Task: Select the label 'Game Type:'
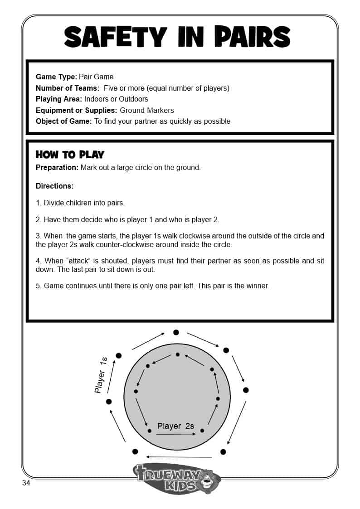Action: [56, 77]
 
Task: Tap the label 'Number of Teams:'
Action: [67, 88]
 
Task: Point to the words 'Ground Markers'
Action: [146, 110]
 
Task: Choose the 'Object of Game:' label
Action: [64, 121]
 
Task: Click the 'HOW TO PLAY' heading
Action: [70, 155]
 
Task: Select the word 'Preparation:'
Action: [57, 167]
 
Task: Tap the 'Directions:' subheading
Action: [54, 186]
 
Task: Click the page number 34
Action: [26, 483]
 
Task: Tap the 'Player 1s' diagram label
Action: [101, 375]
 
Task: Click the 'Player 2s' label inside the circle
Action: [175, 426]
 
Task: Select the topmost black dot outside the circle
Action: [176, 332]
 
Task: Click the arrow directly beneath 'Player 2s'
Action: [176, 434]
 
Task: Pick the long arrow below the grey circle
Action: [179, 456]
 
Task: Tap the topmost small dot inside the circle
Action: [178, 354]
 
